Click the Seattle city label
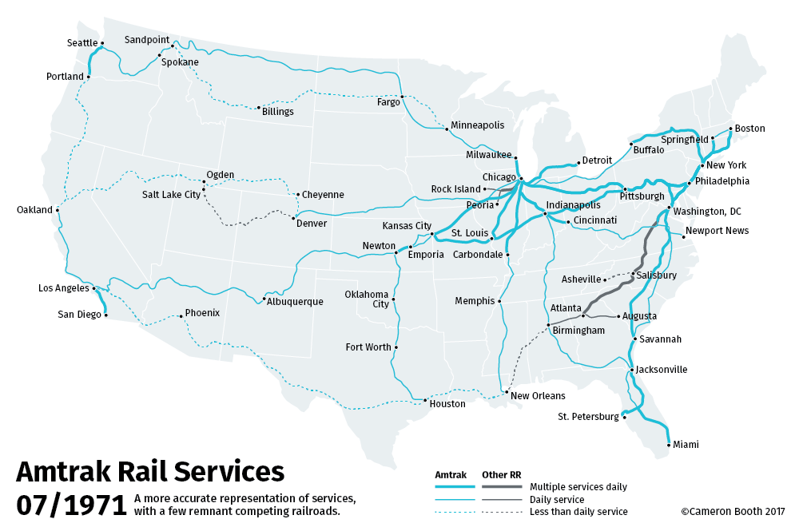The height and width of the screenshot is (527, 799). tap(81, 43)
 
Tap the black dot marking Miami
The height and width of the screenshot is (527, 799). tap(669, 444)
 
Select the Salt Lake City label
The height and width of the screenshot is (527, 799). tap(171, 194)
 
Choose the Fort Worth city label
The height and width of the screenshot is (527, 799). tap(368, 347)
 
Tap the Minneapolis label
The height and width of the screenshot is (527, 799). tap(477, 125)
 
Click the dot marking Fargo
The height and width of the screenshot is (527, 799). tap(402, 97)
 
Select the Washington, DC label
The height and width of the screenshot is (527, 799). tap(706, 212)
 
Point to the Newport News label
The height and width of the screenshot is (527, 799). tap(718, 231)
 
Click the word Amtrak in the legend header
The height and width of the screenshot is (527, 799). tap(450, 475)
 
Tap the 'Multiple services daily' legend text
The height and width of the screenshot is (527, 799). tap(578, 486)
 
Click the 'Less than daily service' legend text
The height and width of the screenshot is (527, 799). tap(578, 511)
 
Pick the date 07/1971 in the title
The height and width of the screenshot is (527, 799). tap(70, 505)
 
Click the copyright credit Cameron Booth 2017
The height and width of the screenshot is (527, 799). tap(733, 511)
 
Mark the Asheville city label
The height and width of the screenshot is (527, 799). tap(580, 279)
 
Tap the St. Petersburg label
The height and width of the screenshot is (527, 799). tap(588, 417)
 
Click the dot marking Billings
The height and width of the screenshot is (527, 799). tap(259, 108)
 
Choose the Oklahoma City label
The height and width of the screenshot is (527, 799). tap(367, 299)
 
